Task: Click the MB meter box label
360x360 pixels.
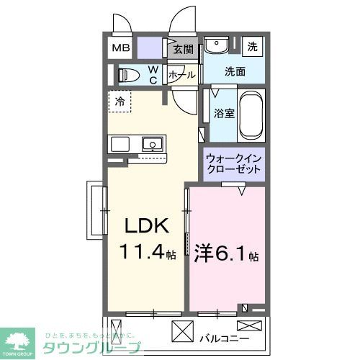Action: [x=120, y=50]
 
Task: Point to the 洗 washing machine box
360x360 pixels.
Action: [x=252, y=45]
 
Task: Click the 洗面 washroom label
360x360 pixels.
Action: [x=234, y=71]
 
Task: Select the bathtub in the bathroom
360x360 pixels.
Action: [x=251, y=115]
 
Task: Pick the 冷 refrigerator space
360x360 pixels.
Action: [x=120, y=102]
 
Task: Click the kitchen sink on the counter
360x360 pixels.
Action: [x=153, y=144]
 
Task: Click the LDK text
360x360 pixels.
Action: [x=148, y=227]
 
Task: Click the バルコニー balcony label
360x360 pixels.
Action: [x=234, y=337]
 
